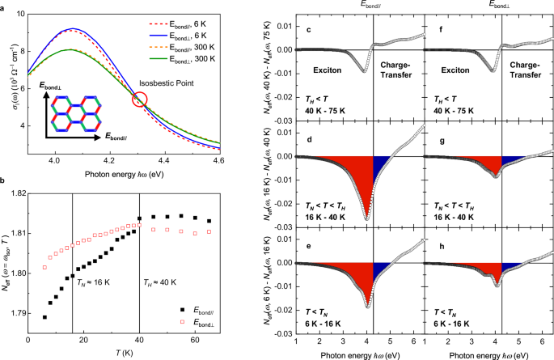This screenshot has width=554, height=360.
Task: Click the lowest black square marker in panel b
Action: [44, 317]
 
